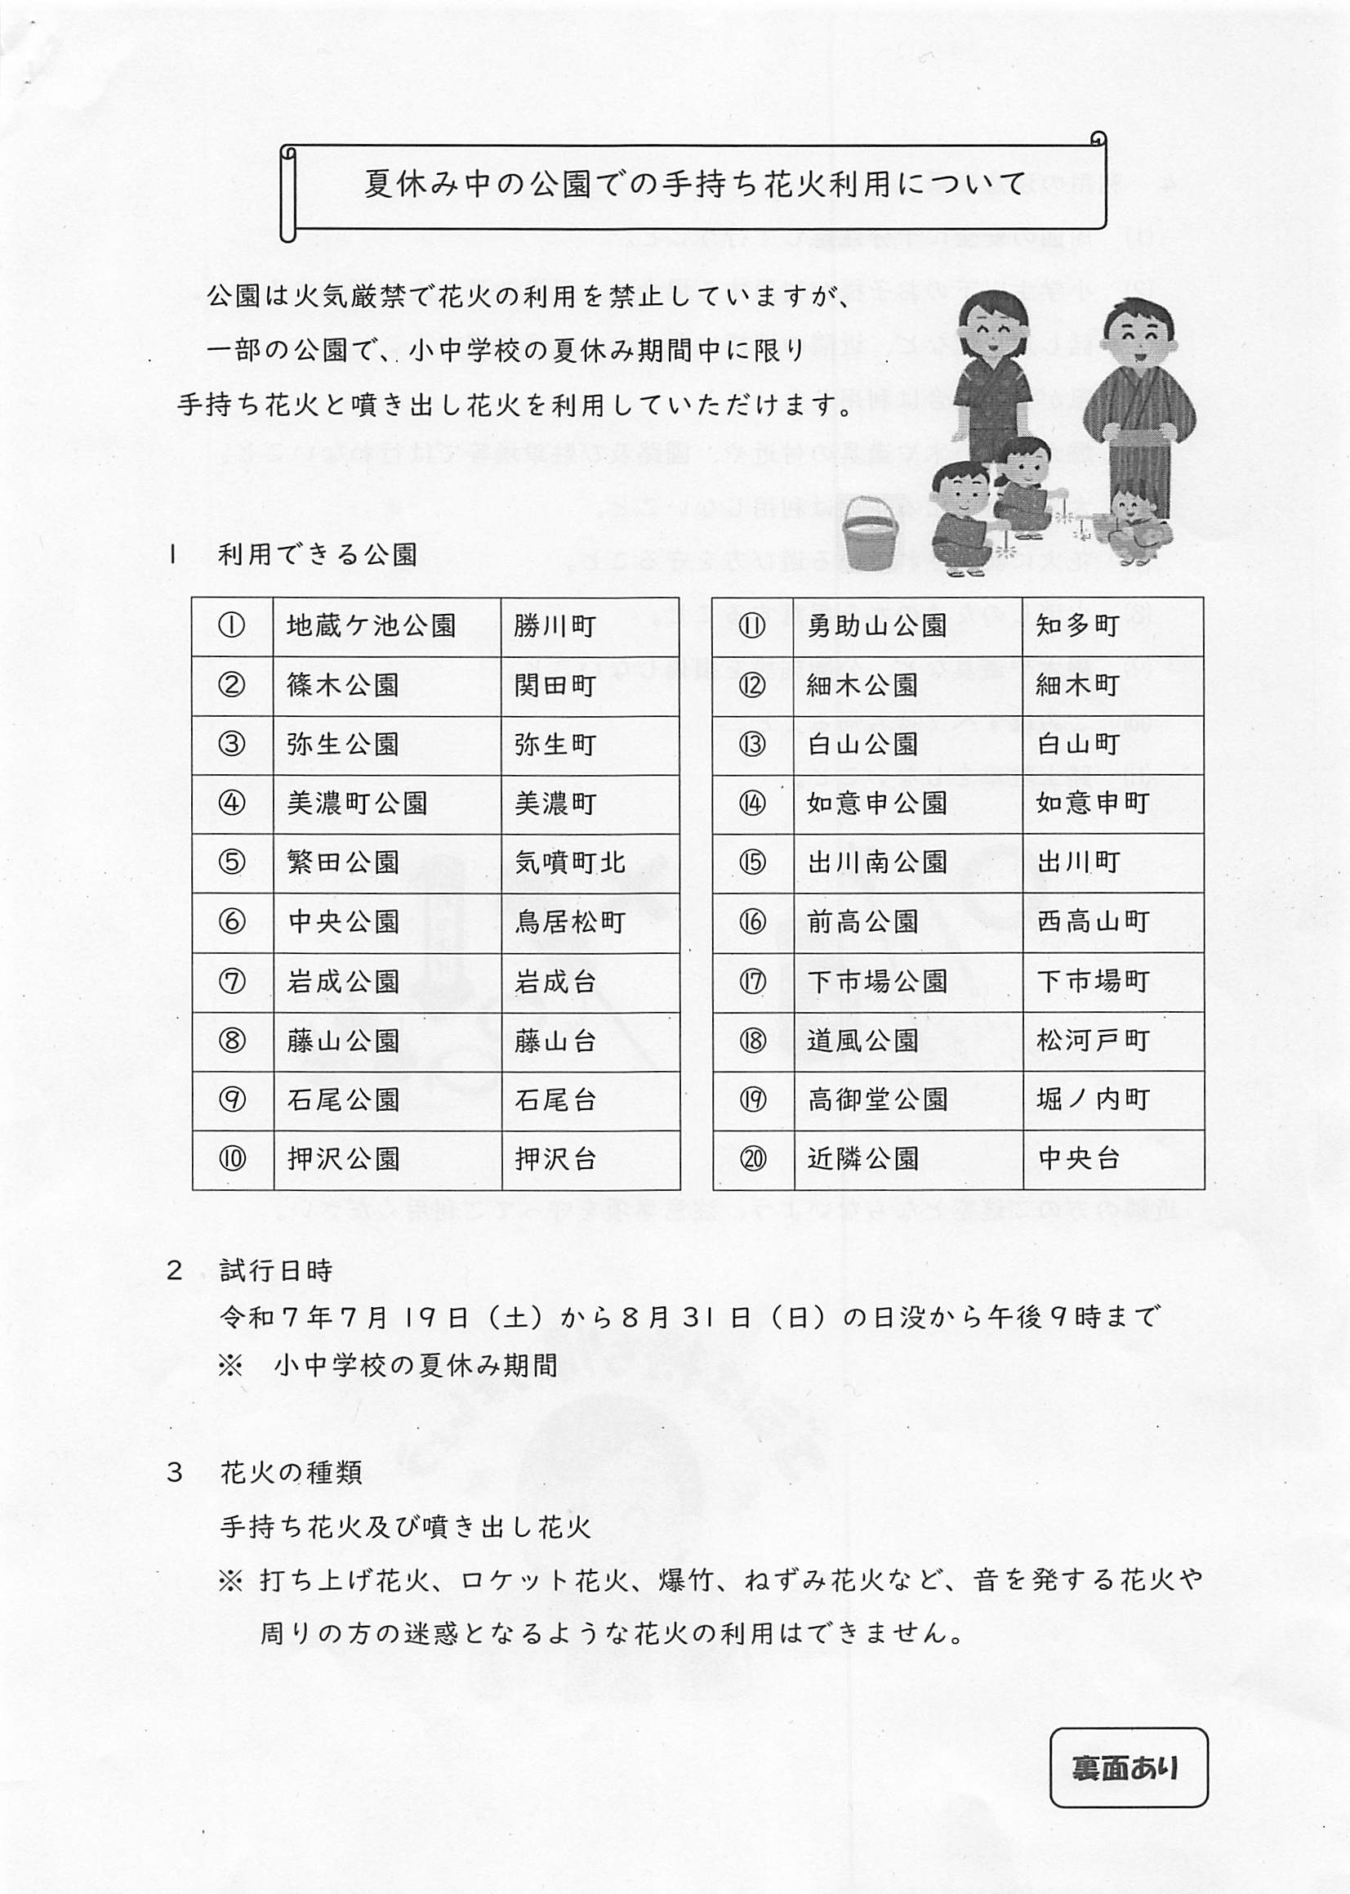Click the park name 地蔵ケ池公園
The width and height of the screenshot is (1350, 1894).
click(x=371, y=625)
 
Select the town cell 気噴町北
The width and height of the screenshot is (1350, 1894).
click(x=569, y=862)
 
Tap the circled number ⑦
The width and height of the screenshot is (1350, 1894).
click(x=232, y=982)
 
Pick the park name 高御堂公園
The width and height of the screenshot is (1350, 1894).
click(x=877, y=1099)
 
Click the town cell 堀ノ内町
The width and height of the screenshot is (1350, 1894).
click(x=1093, y=1099)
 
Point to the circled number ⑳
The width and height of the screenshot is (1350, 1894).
click(x=752, y=1158)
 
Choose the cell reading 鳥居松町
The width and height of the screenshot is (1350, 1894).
click(x=569, y=921)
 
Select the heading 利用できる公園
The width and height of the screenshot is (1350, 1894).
click(x=318, y=555)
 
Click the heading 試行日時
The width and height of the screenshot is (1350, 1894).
click(x=276, y=1270)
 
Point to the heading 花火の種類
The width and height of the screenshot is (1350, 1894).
click(x=291, y=1473)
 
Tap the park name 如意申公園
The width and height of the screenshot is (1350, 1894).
click(x=877, y=803)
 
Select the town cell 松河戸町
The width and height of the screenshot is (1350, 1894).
click(x=1093, y=1041)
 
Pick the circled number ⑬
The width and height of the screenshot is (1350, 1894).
click(x=752, y=744)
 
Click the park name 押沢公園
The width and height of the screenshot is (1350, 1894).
click(x=343, y=1158)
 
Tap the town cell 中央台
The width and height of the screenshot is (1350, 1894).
click(x=1079, y=1158)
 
